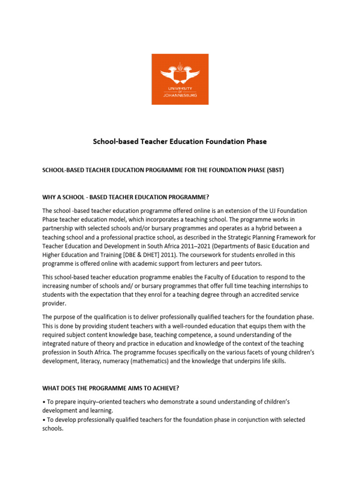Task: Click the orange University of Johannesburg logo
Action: (x=180, y=79)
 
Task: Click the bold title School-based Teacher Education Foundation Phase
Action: (x=180, y=142)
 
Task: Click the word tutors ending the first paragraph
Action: (x=251, y=264)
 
